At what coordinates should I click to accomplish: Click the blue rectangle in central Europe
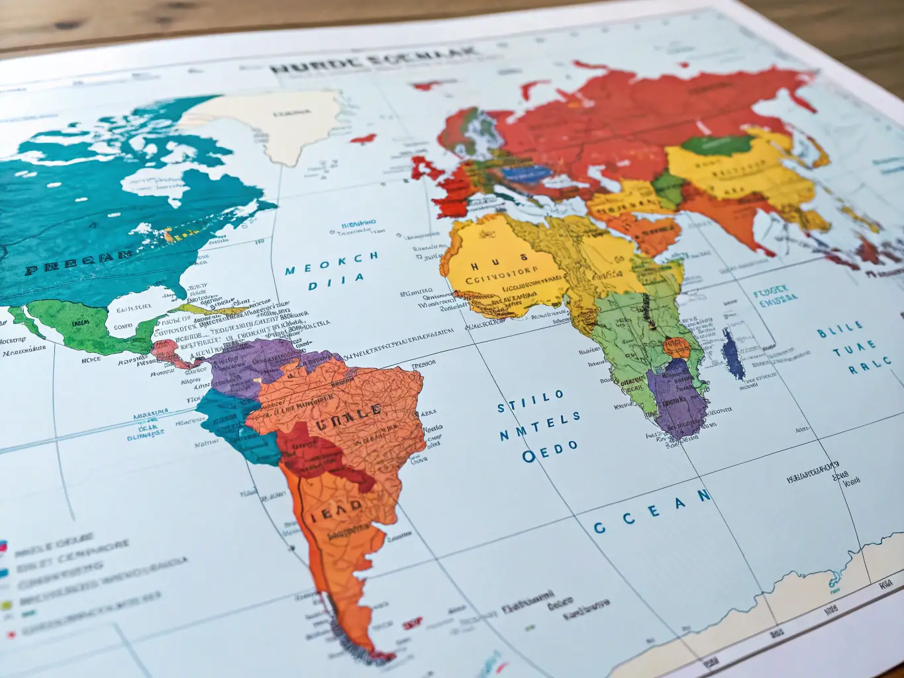[527, 173]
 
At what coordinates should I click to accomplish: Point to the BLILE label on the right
[840, 328]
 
